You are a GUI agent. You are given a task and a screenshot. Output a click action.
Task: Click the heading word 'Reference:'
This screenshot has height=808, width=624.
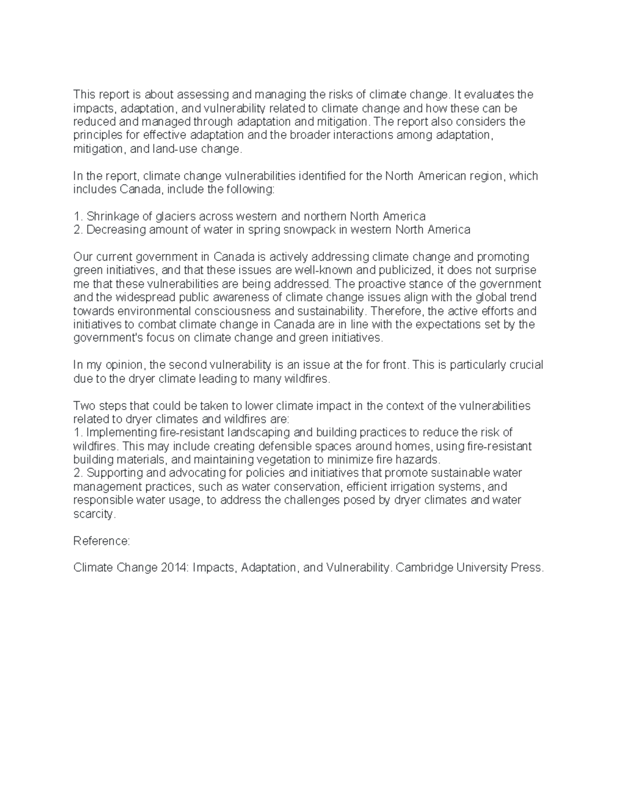pos(101,541)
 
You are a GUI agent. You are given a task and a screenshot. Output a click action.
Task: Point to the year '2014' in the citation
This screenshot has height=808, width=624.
pos(174,568)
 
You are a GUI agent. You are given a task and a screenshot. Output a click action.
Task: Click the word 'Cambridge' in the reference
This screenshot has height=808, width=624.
pos(424,568)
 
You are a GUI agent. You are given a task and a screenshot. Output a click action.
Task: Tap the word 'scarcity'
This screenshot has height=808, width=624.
pos(93,514)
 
